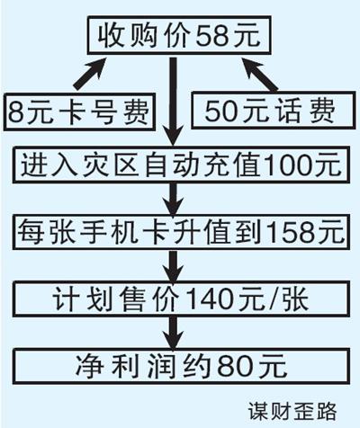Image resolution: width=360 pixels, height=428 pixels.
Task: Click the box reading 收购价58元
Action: pos(179,35)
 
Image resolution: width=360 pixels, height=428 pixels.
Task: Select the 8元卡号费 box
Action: pos(79,112)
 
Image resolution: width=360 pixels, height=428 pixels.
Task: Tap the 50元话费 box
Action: pos(274,110)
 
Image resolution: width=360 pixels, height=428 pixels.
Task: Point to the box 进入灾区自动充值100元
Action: pos(181,165)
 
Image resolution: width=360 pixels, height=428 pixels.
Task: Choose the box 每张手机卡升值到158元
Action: pos(181,232)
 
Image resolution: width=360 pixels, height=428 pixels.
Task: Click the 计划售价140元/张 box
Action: pos(181,299)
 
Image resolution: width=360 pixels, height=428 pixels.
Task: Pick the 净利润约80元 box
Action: pos(181,366)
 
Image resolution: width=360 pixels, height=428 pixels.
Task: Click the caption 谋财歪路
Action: pos(292,411)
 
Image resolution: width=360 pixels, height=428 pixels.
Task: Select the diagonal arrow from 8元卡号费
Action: pos(90,74)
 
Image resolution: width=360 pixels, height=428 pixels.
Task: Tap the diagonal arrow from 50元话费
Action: pos(260,74)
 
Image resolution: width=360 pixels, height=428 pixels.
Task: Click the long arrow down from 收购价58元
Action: pos(174,102)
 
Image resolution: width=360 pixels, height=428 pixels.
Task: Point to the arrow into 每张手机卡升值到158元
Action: pos(174,199)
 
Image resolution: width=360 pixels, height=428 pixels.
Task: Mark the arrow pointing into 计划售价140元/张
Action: pos(174,266)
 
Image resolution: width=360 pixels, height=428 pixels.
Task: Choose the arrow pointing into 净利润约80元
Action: pos(174,333)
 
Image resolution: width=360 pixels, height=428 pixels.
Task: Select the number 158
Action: pos(292,232)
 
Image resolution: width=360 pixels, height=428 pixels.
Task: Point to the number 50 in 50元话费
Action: pos(222,111)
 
